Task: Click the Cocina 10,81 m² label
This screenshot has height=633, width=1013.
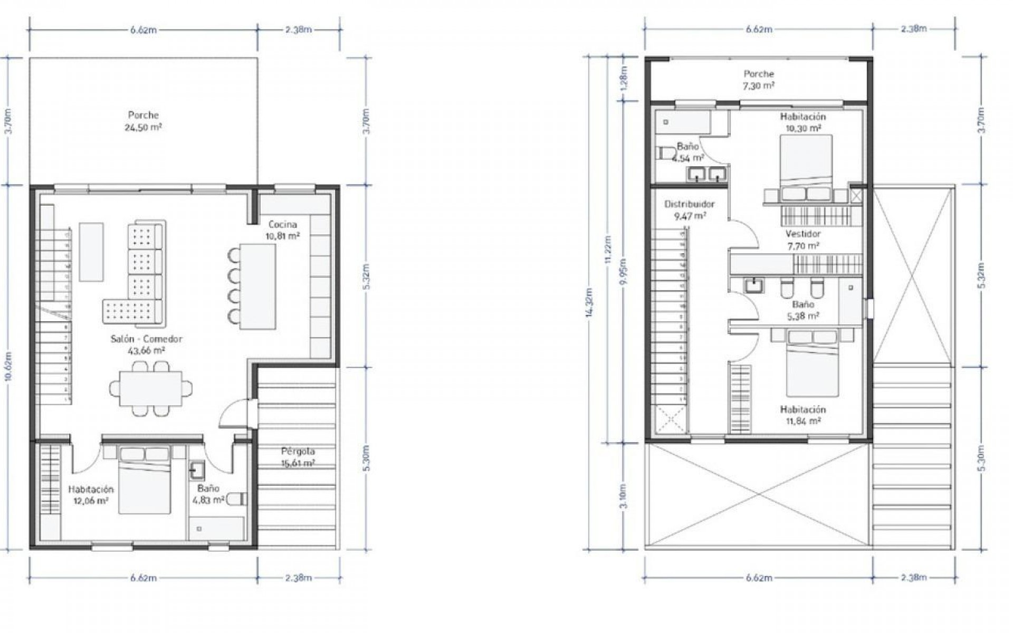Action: pos(283,231)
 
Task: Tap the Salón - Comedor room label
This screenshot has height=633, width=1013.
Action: pos(146,344)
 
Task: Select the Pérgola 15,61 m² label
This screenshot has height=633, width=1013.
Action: pos(298,457)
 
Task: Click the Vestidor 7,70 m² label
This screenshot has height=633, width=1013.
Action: pos(803,239)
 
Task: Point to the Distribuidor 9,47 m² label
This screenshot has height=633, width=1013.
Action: pos(690,209)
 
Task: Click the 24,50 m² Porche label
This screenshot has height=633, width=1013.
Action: pos(143,121)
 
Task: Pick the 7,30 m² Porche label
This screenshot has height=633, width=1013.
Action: pos(759,80)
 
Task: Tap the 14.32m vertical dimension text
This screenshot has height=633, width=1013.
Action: pos(590,302)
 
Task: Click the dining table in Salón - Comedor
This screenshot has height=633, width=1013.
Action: pos(151,389)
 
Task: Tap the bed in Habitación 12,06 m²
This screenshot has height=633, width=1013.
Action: pos(144,480)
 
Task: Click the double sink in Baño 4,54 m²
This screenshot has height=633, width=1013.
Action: pos(706,174)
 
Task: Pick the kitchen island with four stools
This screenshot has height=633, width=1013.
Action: pos(257,286)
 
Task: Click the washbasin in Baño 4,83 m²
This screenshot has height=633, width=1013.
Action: pos(198,469)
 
